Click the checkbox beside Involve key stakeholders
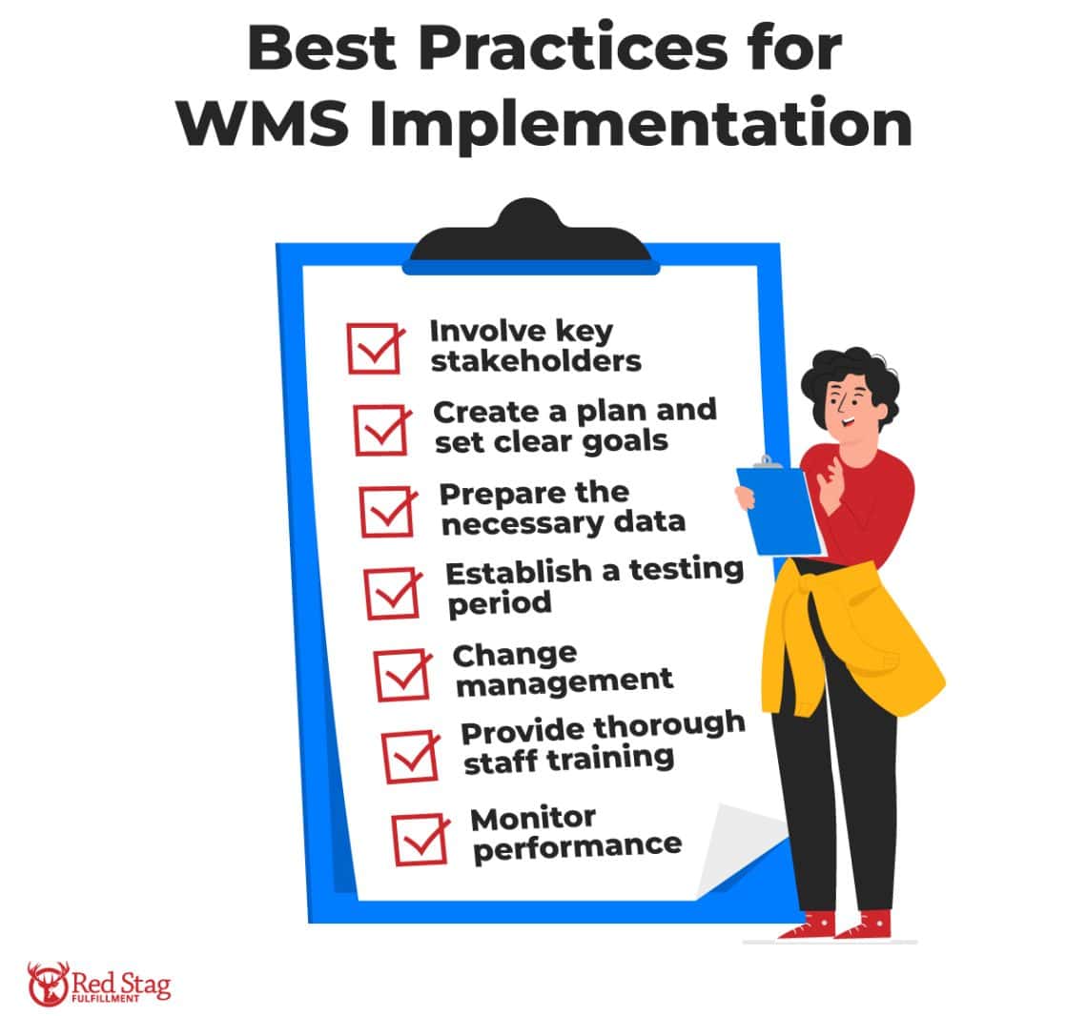374,348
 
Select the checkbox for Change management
402,674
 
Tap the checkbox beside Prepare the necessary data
388,511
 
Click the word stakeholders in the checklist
535,362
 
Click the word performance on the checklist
577,845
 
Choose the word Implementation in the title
641,124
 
